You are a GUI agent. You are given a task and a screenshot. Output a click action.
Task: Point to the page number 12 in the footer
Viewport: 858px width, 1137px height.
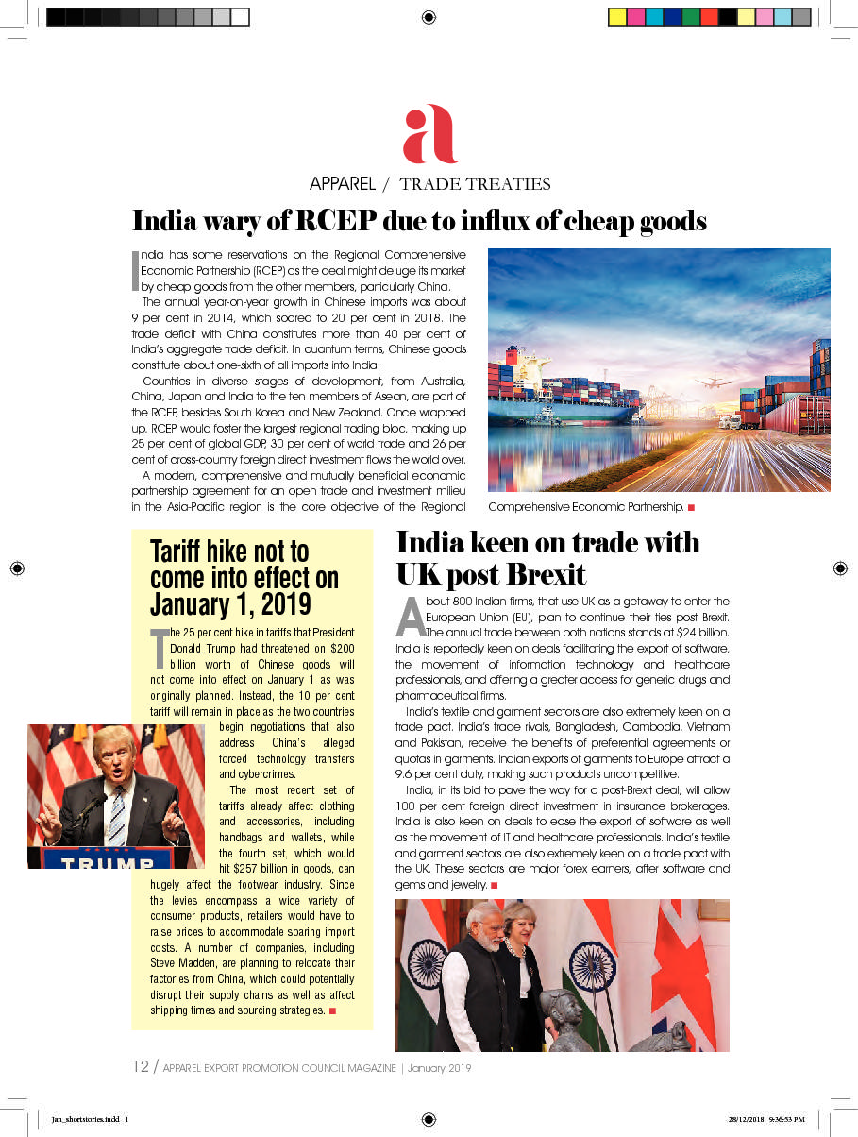point(140,1067)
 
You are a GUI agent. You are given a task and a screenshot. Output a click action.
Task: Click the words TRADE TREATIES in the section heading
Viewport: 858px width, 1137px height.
point(475,184)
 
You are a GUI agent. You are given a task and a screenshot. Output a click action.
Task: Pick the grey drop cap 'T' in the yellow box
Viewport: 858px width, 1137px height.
point(160,648)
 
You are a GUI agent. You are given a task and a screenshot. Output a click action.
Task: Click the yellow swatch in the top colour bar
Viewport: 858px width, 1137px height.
point(616,17)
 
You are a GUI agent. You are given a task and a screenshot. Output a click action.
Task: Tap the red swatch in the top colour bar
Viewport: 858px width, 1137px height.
point(708,17)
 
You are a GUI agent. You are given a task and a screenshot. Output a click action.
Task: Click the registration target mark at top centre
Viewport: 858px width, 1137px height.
point(429,17)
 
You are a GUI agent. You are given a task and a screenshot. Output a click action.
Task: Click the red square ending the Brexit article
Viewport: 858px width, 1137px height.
point(494,885)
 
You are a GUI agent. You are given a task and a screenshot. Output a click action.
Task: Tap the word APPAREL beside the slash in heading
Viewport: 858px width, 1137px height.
point(343,184)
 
